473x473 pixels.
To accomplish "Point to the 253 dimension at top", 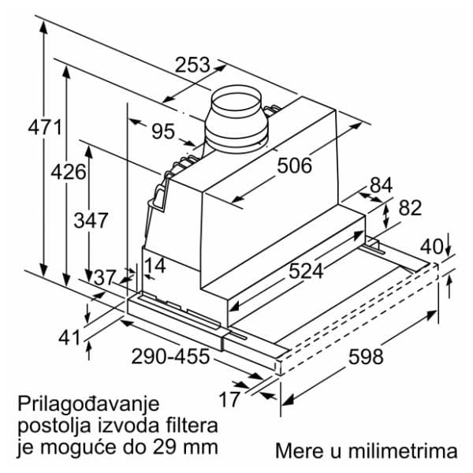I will pos(192,66).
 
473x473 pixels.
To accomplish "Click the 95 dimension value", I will pos(163,131).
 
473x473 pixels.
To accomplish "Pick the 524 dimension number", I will pos(306,270).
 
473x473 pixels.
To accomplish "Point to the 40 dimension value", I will pos(432,244).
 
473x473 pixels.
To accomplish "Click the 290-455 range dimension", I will pos(171,356).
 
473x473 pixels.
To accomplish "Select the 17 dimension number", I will pos(229,400).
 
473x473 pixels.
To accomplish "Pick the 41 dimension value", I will pos(70,337).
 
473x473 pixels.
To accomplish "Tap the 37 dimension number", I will pos(105,277).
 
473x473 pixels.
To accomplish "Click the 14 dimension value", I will pos(155,266).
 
